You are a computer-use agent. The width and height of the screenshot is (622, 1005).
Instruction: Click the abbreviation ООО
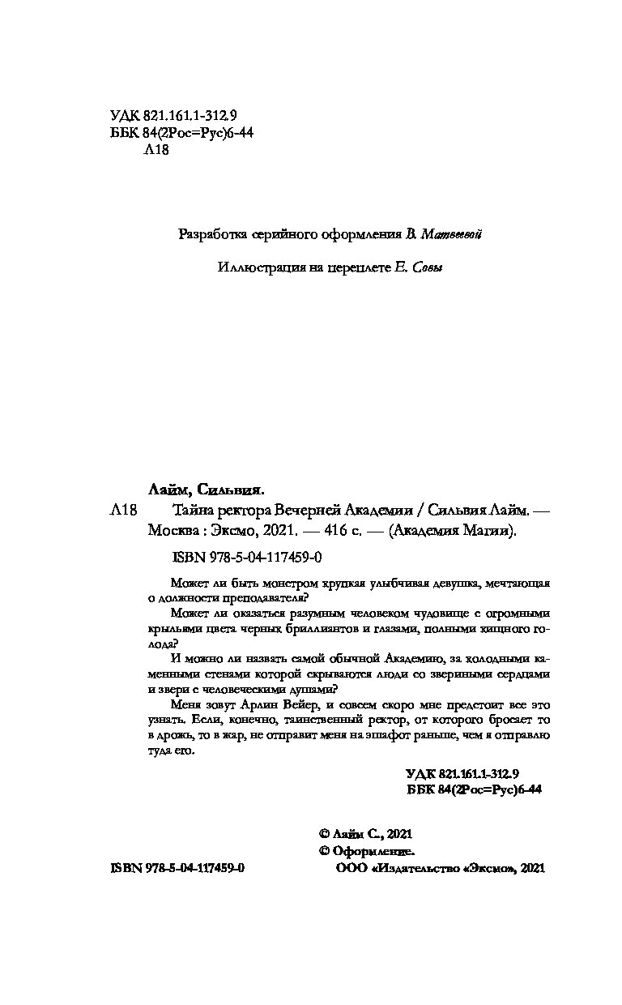tap(348, 868)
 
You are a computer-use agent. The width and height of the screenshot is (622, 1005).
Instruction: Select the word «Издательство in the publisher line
tap(415, 868)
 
